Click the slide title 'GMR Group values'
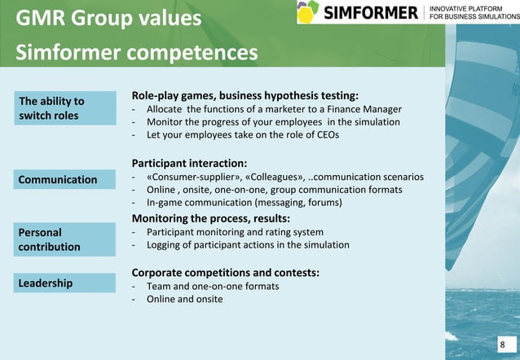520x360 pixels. pyautogui.click(x=108, y=18)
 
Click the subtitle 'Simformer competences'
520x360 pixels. pyautogui.click(x=137, y=53)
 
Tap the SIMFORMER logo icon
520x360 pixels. pyautogui.click(x=307, y=12)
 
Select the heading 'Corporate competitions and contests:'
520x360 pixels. pyautogui.click(x=225, y=271)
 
